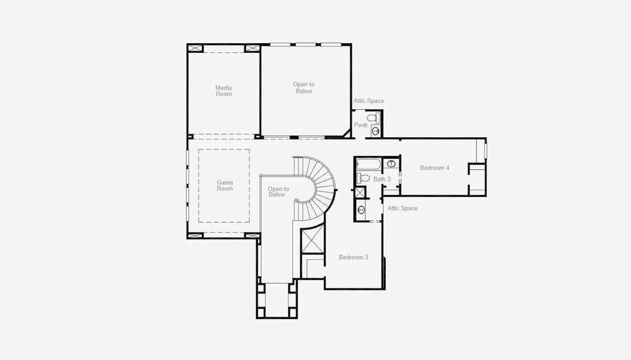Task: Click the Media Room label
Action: pyautogui.click(x=224, y=91)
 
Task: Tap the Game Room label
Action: pyautogui.click(x=225, y=185)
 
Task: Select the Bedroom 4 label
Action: pyautogui.click(x=435, y=167)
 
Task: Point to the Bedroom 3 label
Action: pyautogui.click(x=353, y=257)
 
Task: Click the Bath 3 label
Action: pyautogui.click(x=382, y=179)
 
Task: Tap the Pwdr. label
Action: pyautogui.click(x=361, y=125)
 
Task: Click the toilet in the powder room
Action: pyautogui.click(x=374, y=118)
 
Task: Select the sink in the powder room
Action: pyautogui.click(x=375, y=131)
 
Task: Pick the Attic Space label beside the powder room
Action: pyautogui.click(x=369, y=101)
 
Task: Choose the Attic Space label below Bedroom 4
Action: pyautogui.click(x=402, y=208)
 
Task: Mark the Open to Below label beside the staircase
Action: pyautogui.click(x=278, y=191)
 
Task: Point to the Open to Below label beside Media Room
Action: pyautogui.click(x=304, y=88)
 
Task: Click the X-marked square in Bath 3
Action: pyautogui.click(x=360, y=193)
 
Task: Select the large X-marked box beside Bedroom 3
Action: pyautogui.click(x=313, y=240)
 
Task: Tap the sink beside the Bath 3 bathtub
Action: pyautogui.click(x=390, y=163)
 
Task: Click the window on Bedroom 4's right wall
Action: pyautogui.click(x=485, y=151)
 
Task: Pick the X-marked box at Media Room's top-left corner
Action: pyautogui.click(x=196, y=49)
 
